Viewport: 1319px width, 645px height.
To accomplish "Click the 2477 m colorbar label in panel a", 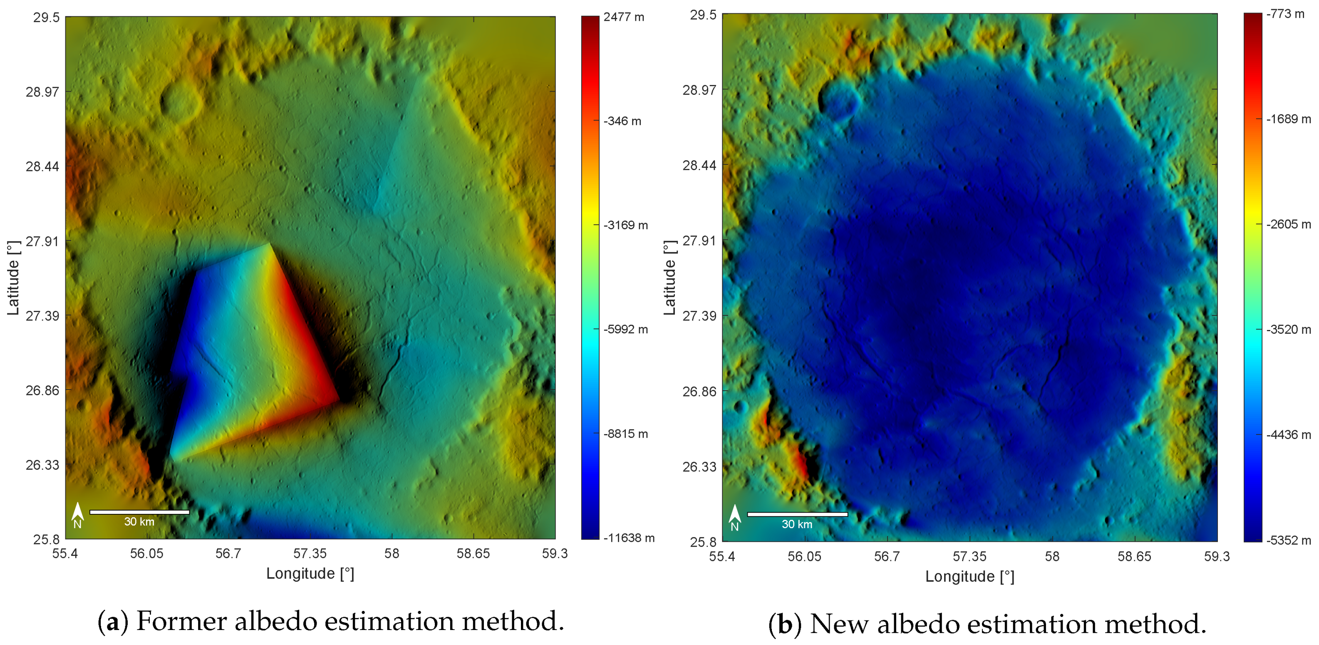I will click(x=623, y=17).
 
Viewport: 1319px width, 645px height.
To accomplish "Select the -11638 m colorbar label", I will click(x=628, y=538).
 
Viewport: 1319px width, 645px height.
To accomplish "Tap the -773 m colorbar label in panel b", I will click(x=1285, y=14).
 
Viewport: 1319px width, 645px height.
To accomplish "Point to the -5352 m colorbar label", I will click(x=1288, y=541).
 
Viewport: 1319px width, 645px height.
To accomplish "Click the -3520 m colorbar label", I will click(x=1288, y=330).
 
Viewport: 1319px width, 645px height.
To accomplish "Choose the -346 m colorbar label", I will click(x=622, y=122).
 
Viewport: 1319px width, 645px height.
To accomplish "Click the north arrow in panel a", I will click(x=77, y=514).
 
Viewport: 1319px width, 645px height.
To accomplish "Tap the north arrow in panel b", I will click(x=735, y=516).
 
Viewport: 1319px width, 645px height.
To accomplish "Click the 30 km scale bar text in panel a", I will click(x=139, y=522).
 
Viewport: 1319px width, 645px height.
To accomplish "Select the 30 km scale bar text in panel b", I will click(x=797, y=524).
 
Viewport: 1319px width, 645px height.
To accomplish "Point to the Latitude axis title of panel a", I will click(x=13, y=278).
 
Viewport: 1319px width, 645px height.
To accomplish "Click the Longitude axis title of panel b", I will click(x=969, y=576).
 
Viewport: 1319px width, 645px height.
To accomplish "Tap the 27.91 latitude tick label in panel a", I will click(x=42, y=241).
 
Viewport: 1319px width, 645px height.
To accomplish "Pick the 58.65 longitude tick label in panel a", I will click(x=473, y=554).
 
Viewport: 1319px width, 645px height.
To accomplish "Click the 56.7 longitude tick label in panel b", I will click(x=886, y=556).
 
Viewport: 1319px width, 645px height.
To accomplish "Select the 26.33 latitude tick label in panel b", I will click(x=699, y=467).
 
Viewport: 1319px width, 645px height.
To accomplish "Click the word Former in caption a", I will click(x=171, y=621).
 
